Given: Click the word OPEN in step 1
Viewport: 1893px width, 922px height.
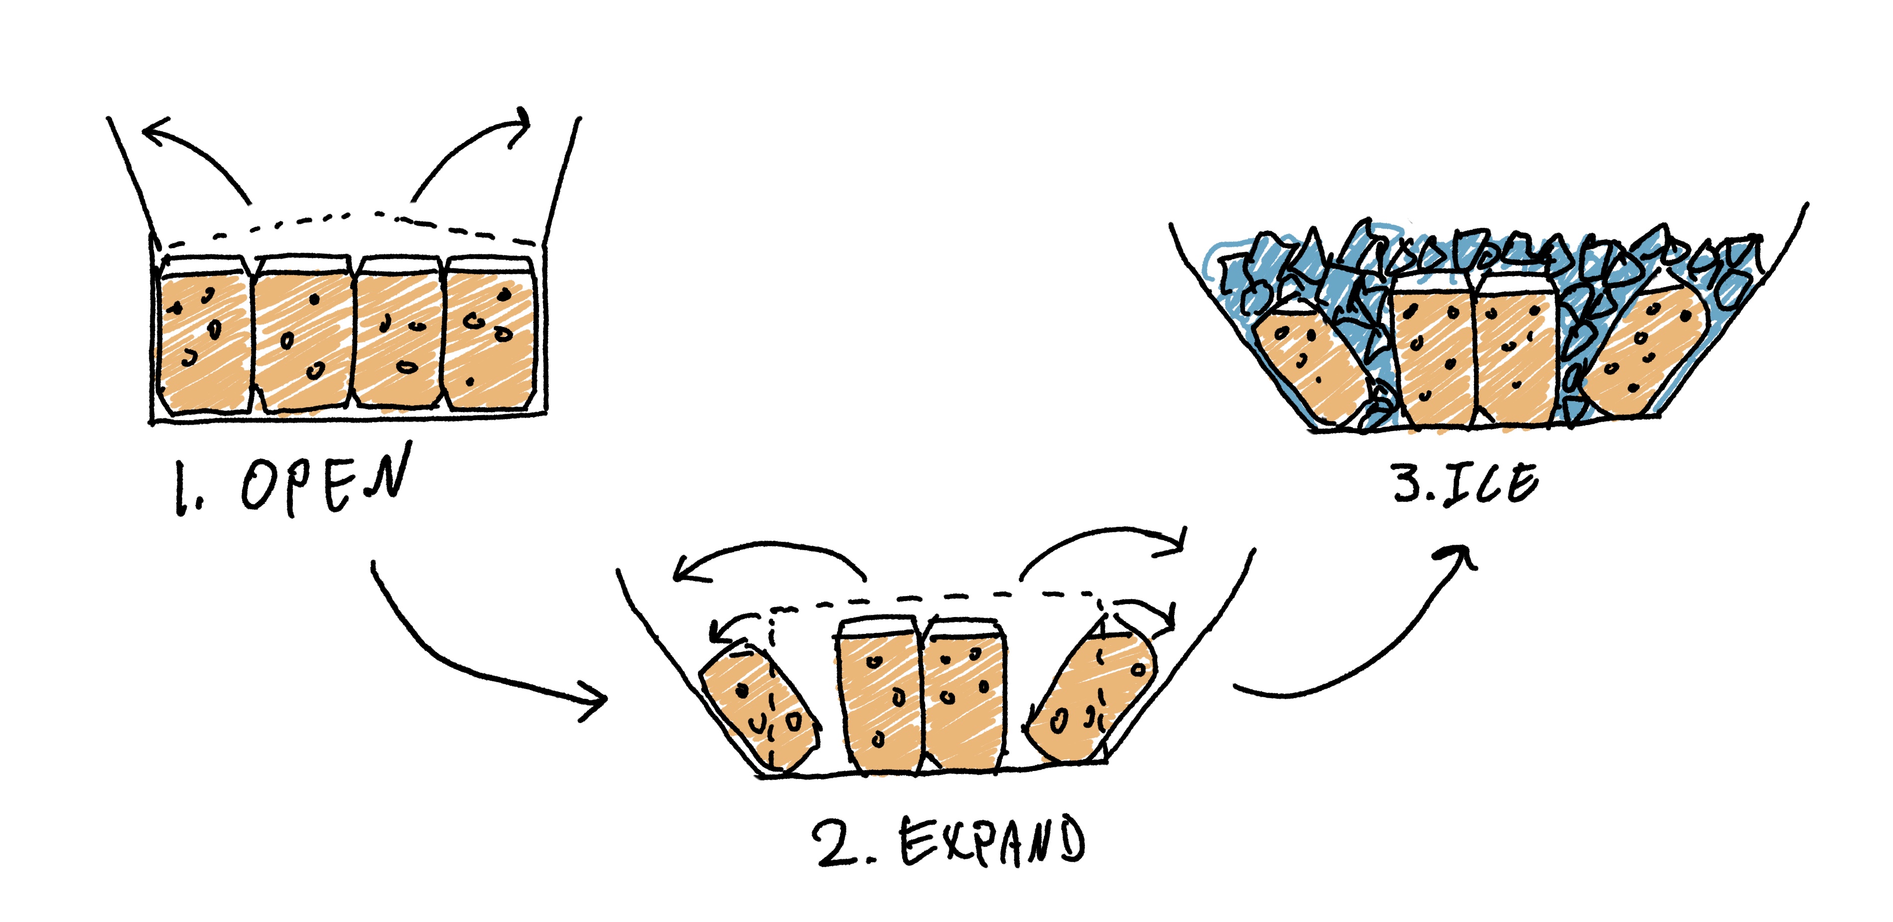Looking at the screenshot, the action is pyautogui.click(x=323, y=481).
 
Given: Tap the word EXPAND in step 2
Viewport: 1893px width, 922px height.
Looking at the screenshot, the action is pyautogui.click(x=992, y=842).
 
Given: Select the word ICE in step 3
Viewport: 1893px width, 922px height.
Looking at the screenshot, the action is pyautogui.click(x=1492, y=484).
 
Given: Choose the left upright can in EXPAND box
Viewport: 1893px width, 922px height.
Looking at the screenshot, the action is pyautogui.click(x=878, y=699).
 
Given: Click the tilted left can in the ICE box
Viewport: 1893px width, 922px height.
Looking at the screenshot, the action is pyautogui.click(x=1308, y=360).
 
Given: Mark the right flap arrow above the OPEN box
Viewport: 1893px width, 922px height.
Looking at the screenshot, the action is pyautogui.click(x=470, y=147).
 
